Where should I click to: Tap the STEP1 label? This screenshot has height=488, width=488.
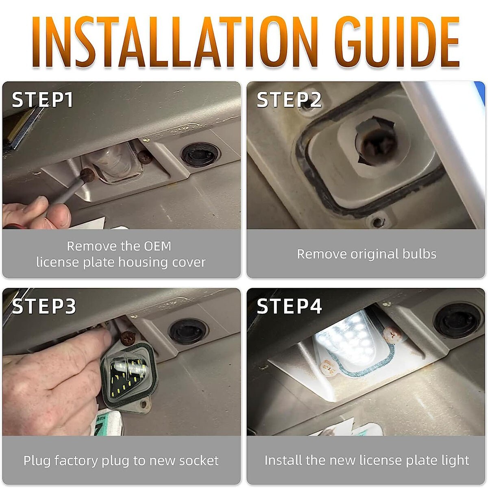[43, 100]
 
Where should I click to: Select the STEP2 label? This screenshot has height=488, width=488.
[289, 100]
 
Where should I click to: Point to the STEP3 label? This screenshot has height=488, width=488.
[44, 306]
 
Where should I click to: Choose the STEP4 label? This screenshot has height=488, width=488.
[289, 306]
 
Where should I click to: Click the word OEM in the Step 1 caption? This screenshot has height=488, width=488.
[157, 246]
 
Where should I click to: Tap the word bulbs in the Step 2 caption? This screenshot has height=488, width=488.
[419, 254]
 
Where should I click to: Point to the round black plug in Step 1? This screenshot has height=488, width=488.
[200, 155]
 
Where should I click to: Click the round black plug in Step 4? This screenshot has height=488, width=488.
[457, 320]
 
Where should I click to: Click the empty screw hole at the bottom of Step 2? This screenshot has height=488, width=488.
[378, 222]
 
